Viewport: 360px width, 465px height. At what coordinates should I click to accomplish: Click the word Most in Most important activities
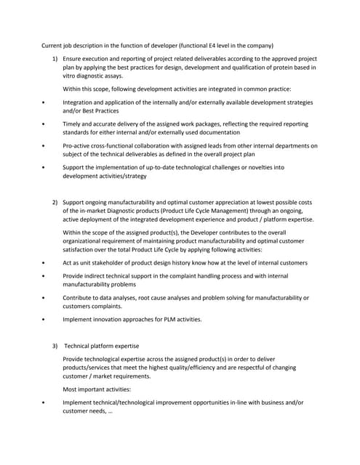tap(71, 389)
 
